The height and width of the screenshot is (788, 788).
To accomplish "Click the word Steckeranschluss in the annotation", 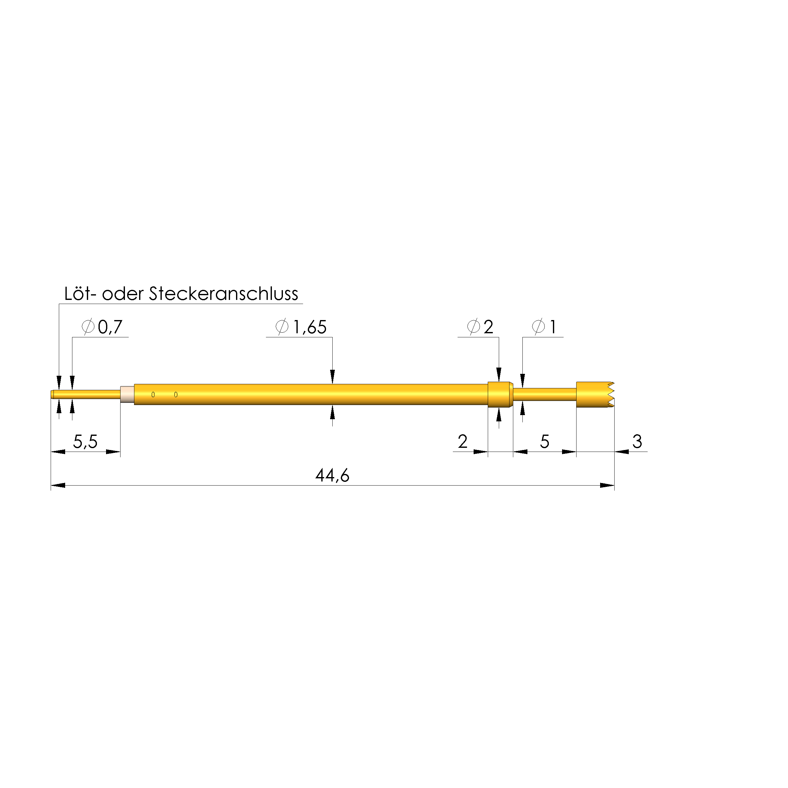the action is (223, 294).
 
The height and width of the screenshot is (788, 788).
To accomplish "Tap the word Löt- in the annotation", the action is (81, 294).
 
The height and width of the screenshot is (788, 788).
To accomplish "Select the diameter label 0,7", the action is (110, 327).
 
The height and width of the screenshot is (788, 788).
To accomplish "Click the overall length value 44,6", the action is (332, 476).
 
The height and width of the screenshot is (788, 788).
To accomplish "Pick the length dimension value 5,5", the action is (85, 442).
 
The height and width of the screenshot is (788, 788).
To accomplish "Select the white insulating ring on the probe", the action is (127, 394).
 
